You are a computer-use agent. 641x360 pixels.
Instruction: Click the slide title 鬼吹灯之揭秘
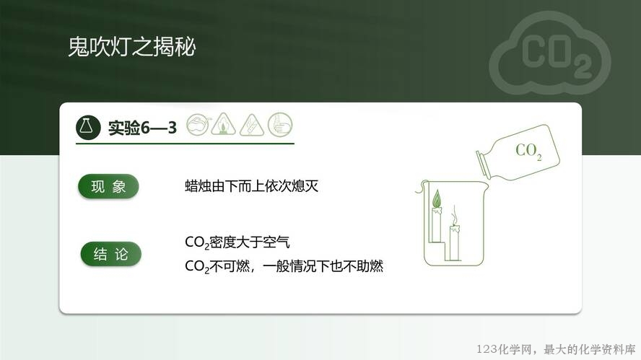131,47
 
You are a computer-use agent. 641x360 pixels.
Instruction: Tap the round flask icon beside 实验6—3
88,127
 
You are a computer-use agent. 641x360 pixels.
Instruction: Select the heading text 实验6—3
142,128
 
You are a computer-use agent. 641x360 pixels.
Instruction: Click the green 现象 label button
108,187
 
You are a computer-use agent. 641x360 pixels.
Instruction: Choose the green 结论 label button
110,254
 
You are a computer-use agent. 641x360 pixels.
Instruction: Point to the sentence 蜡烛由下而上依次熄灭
251,186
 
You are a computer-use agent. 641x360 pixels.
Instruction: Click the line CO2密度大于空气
237,242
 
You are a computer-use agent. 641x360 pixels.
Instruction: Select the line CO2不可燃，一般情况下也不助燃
284,266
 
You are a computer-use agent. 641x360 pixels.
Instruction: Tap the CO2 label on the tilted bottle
528,152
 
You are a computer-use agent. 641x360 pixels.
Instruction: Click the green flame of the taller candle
437,198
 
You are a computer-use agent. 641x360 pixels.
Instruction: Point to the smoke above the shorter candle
454,214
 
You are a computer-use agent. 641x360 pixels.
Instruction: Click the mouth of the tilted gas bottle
482,164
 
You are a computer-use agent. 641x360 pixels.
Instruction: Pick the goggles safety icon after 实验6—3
198,125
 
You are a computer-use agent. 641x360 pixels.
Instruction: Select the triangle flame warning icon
223,124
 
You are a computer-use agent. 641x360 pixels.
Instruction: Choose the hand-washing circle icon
280,124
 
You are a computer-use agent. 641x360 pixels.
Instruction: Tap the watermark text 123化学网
504,349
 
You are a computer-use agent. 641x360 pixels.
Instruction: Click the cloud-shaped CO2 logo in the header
550,53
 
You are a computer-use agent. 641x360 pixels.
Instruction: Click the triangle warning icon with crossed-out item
252,125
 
